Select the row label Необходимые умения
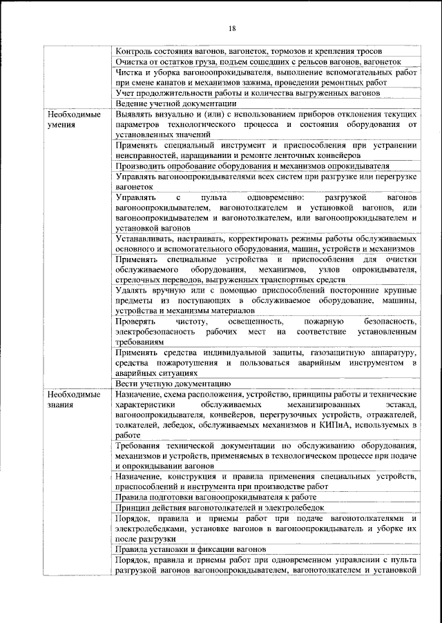[70, 119]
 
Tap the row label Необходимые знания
[70, 400]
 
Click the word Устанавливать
[147, 238]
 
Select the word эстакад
[402, 405]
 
